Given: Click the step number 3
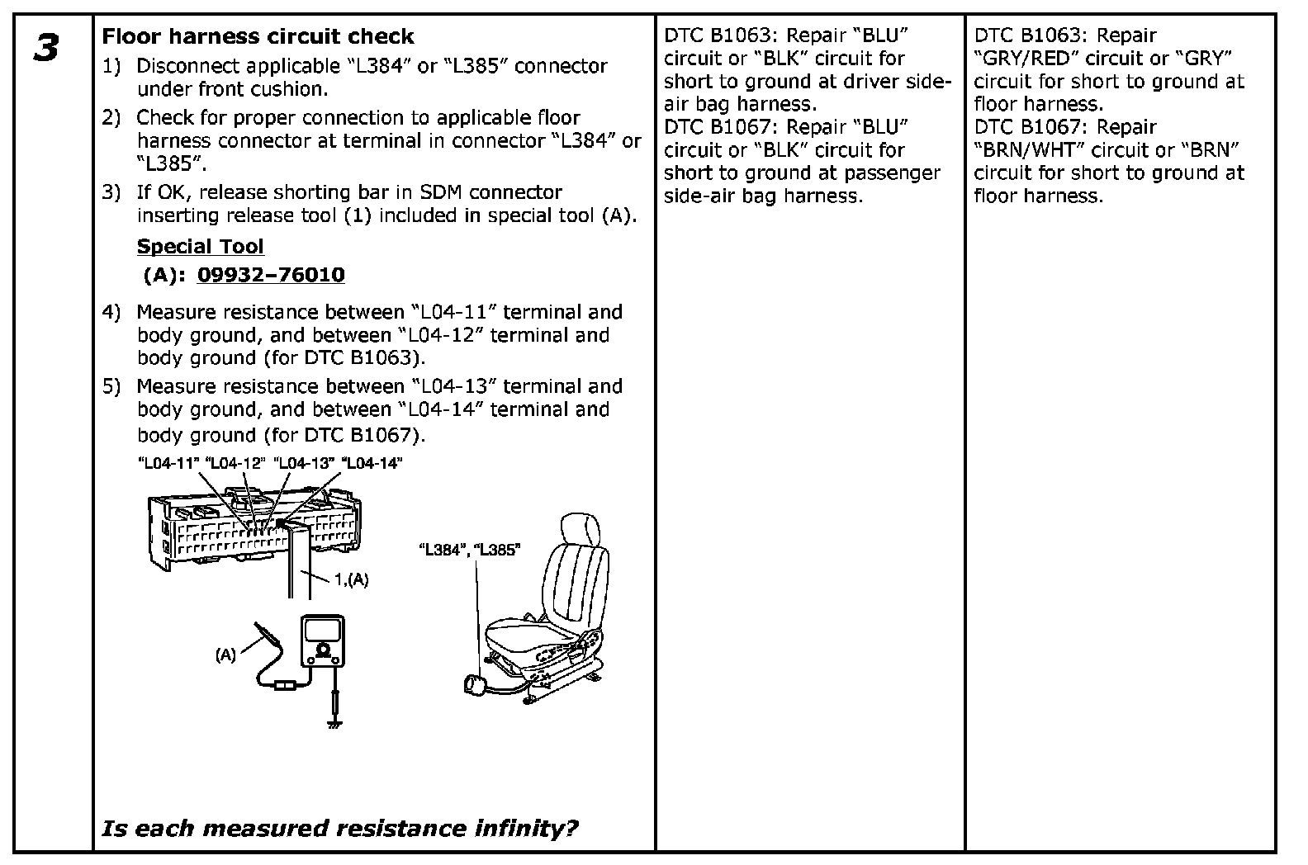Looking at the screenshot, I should (46, 48).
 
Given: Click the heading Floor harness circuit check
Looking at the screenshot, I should (258, 36).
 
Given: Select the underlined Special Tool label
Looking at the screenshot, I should (200, 246).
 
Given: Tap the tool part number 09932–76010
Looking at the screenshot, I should (271, 275).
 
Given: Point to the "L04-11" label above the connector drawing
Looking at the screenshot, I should (168, 464).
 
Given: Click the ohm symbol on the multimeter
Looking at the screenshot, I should (325, 650).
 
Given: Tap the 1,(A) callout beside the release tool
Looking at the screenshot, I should (351, 579).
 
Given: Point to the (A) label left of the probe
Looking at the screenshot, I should (225, 655).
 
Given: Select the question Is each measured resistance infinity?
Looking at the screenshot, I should (339, 828).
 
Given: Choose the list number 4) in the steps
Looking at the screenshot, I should (111, 312).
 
